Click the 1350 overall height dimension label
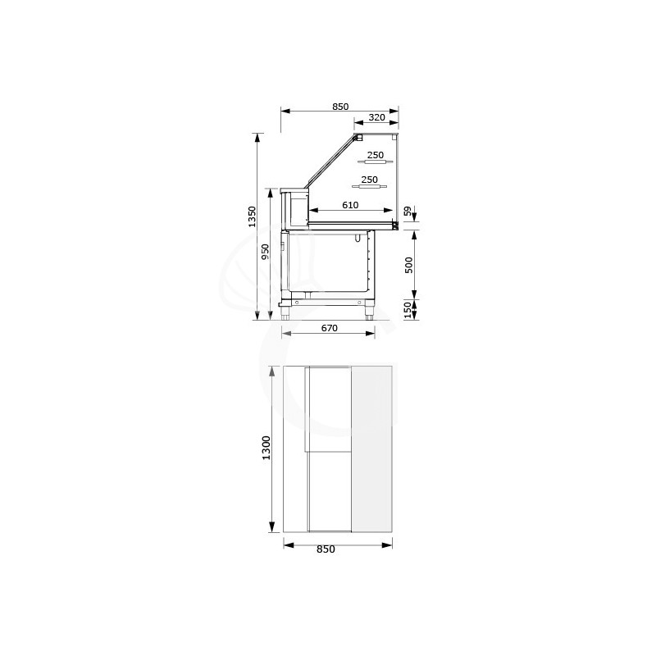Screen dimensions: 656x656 tap(253, 216)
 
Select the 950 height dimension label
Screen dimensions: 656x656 tap(266, 252)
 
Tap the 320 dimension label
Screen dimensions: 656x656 tap(376, 117)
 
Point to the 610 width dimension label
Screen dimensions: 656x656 tap(350, 205)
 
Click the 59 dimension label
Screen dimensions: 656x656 tap(408, 212)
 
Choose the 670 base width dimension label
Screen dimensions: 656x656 tap(330, 328)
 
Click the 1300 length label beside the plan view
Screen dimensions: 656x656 tap(266, 448)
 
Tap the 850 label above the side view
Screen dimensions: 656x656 tap(340, 107)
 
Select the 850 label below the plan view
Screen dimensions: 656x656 tap(326, 549)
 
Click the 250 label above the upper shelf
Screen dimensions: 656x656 tap(376, 155)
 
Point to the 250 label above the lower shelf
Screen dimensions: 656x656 tap(370, 180)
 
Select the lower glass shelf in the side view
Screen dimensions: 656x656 tap(371, 187)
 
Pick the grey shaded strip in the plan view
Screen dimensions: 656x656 tap(372, 449)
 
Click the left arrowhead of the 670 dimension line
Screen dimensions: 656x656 tap(284, 333)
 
